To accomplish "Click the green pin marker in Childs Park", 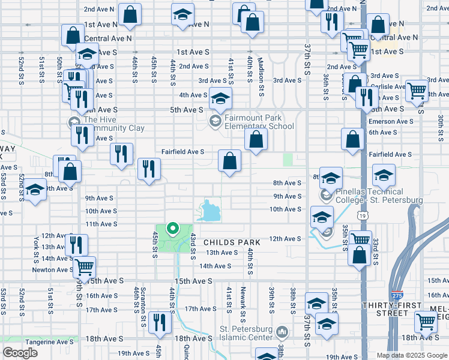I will (x=173, y=228).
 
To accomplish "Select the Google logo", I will (x=20, y=353).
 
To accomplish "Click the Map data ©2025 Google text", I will (x=412, y=355).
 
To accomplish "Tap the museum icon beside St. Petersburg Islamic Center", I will (x=283, y=331).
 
